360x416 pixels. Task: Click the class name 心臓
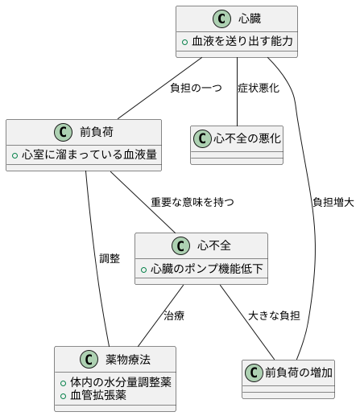[250, 19]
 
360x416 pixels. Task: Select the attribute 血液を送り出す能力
[241, 42]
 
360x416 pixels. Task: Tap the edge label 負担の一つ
[196, 88]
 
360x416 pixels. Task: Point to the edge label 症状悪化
[259, 88]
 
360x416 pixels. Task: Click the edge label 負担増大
[333, 202]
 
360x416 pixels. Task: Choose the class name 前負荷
[96, 131]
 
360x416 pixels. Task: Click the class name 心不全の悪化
[247, 139]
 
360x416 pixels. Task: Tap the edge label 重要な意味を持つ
[193, 202]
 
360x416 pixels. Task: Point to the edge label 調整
[110, 258]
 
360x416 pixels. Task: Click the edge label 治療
[174, 315]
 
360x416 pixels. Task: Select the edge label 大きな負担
[274, 315]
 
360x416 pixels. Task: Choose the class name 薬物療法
[128, 358]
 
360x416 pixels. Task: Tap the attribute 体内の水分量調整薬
[119, 381]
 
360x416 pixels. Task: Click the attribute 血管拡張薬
[97, 395]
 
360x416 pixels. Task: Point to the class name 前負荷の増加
[297, 372]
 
